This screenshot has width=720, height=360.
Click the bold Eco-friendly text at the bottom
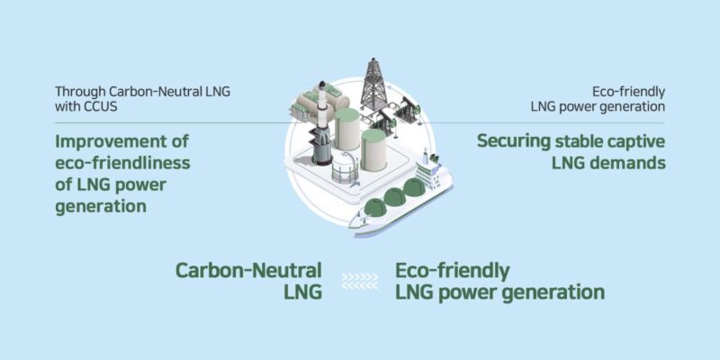453,270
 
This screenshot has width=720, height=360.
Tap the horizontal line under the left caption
171,123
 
